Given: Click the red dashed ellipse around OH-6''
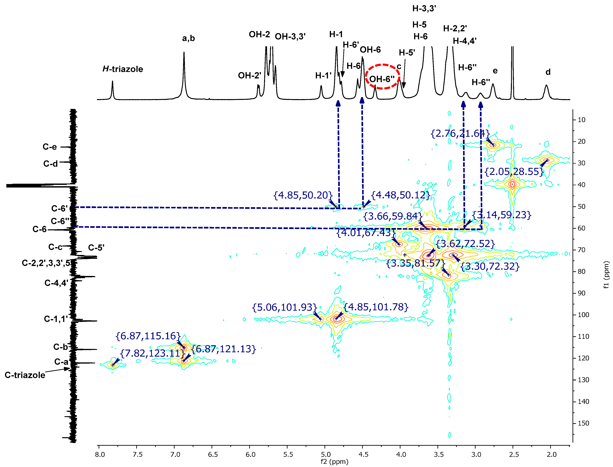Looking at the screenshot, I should (382, 77).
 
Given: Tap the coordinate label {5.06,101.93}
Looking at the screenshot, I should (284, 307).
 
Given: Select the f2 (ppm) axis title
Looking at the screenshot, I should (334, 462).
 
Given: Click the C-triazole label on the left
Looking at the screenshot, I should (25, 375).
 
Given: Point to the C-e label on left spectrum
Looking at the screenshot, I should (50, 147).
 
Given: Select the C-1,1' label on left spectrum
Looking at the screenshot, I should (56, 319).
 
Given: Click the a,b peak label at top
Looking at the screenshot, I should (189, 38).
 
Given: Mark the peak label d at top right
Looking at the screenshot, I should (548, 72).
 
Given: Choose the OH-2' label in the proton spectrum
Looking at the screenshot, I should (249, 75).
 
